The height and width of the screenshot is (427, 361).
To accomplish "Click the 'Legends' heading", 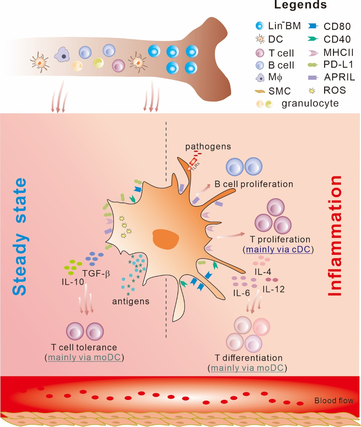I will [300, 5].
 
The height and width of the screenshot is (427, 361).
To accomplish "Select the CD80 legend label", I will [337, 26].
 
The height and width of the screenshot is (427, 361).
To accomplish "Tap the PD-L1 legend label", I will [338, 65].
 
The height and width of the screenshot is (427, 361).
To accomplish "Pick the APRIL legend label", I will [339, 77].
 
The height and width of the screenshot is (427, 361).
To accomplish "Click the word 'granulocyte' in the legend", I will [310, 103].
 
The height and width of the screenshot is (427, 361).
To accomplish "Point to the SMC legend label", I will [279, 91].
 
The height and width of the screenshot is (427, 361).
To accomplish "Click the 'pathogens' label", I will [208, 147].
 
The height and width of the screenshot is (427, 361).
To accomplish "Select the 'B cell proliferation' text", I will [254, 184].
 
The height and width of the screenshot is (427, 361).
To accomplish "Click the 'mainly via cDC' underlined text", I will [278, 250].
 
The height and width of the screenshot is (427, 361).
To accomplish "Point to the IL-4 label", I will [263, 272].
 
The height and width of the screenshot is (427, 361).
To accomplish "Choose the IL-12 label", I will [273, 289].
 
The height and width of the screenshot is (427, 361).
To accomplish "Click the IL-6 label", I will [241, 293].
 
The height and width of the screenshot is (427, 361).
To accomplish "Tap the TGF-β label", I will [96, 273].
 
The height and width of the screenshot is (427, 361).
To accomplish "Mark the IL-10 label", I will [73, 282].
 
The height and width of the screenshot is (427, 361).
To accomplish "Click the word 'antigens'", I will [131, 301].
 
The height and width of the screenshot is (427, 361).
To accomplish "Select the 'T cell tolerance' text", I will [84, 347].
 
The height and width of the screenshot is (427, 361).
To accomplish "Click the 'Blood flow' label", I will [334, 401].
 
